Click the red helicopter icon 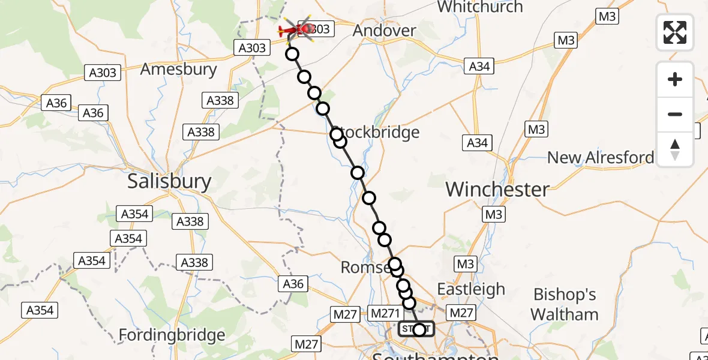pos(298,28)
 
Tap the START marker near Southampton pos(415,329)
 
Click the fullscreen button pos(675,32)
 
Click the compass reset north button pos(675,149)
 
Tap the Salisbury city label pos(169,181)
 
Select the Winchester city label pos(497,190)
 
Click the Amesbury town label pos(178,69)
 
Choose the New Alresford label pos(601,158)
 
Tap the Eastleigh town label pos(471,289)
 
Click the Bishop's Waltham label pos(565,304)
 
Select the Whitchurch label pos(480,7)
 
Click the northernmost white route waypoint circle pos(292,54)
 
